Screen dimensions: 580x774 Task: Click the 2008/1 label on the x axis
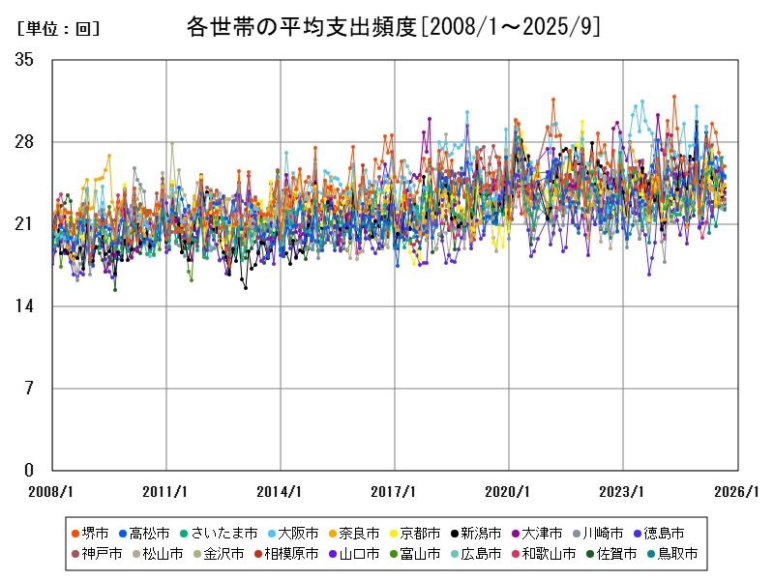pos(52,491)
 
